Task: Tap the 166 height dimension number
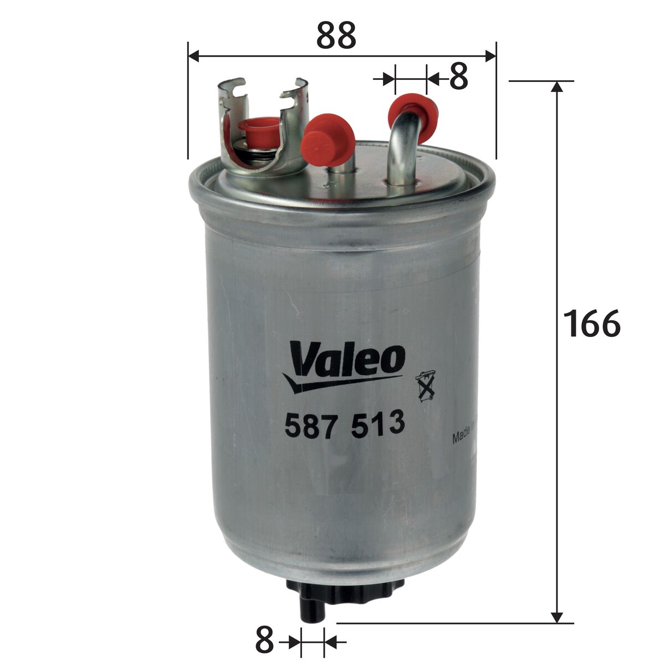point(591,324)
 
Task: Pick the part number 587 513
point(343,426)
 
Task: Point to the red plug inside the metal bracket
point(259,130)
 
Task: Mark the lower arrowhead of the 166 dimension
point(557,617)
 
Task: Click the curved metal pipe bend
point(401,133)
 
